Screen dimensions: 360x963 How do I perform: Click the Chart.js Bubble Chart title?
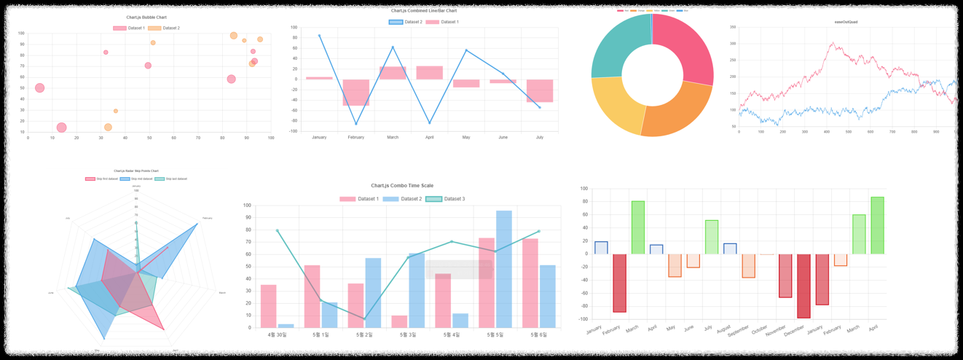point(146,17)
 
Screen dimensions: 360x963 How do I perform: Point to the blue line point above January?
point(319,36)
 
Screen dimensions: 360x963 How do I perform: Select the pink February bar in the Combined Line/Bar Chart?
point(356,93)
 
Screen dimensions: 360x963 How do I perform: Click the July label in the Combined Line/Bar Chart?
point(540,137)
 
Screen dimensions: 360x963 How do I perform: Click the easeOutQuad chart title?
point(846,22)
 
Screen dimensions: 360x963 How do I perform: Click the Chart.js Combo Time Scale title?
point(402,186)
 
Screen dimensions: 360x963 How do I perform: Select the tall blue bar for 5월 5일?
point(504,269)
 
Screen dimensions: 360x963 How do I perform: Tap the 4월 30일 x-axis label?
point(277,335)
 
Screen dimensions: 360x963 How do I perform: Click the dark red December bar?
point(803,286)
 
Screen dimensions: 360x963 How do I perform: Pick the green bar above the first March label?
point(637,227)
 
